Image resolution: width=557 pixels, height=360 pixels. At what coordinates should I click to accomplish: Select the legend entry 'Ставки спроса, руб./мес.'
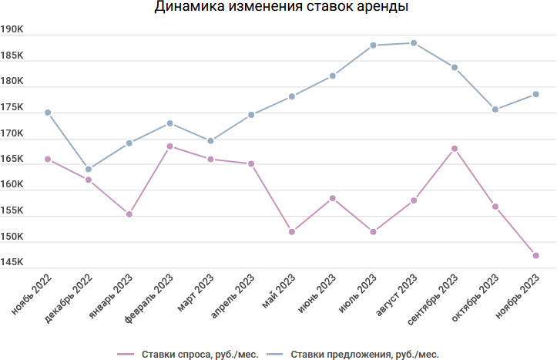(x=199, y=355)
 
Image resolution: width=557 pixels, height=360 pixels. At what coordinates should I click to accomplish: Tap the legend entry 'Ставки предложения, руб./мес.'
(x=364, y=355)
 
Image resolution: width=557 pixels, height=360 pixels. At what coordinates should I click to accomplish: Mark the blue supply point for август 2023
(x=414, y=43)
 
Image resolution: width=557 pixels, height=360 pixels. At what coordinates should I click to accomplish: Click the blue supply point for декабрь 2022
(x=89, y=169)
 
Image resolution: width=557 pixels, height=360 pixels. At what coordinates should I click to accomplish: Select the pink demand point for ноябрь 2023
(x=535, y=255)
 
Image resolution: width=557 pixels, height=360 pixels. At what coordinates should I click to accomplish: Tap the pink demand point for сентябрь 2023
(x=455, y=148)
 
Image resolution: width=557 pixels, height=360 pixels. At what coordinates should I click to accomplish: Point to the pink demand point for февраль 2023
(x=169, y=146)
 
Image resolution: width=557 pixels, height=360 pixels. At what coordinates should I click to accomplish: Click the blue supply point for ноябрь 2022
(x=48, y=113)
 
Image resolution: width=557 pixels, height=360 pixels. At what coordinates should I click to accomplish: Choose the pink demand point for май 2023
(x=292, y=231)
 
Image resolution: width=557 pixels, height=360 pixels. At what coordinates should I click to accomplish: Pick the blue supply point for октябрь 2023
(x=495, y=109)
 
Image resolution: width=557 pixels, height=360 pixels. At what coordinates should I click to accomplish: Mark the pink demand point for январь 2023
(x=129, y=214)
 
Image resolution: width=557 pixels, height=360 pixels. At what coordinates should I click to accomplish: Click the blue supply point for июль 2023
(x=373, y=45)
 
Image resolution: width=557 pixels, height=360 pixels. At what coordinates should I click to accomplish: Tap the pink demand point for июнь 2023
(x=333, y=198)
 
